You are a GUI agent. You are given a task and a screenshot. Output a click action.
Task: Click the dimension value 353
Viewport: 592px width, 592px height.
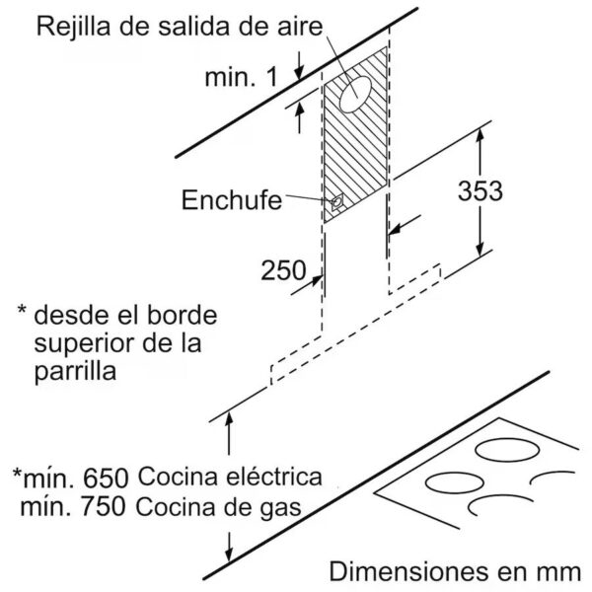480,190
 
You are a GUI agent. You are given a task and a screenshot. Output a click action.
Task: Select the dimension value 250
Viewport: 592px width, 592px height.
283,270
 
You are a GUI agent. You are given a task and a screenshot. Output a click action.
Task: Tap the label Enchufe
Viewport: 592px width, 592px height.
232,199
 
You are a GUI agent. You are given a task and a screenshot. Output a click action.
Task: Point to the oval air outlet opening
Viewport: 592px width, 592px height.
355,94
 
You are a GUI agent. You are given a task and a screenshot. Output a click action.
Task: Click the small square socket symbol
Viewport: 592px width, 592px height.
337,202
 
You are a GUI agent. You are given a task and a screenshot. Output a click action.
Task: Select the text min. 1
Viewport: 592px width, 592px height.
242,77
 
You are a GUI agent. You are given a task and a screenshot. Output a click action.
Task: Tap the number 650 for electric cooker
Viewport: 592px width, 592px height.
106,479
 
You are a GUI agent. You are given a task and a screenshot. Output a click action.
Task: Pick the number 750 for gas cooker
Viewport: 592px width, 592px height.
103,507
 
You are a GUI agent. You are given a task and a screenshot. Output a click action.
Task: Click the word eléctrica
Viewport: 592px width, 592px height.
274,476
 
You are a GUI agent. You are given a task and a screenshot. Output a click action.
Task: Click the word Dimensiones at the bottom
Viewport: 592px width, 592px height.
405,571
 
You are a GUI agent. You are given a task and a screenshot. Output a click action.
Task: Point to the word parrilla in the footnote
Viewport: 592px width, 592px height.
75,373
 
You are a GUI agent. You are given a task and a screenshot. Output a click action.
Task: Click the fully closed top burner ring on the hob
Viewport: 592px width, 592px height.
507,450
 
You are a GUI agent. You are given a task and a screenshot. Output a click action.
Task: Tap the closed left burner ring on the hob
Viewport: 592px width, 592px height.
455,482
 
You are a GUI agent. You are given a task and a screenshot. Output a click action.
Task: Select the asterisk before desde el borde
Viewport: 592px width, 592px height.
23,310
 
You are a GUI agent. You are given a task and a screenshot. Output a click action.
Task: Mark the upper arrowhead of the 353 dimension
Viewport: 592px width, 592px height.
480,135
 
